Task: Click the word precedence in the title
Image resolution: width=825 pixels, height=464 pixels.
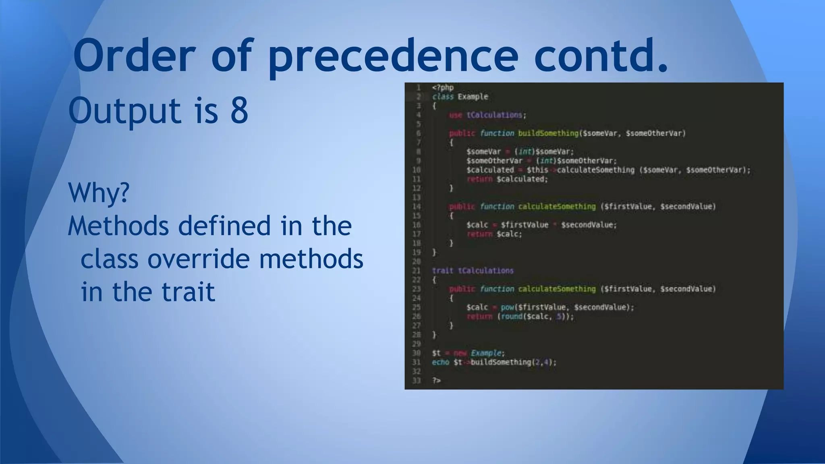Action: pos(393,56)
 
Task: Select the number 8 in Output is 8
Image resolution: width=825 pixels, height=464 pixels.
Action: pos(239,110)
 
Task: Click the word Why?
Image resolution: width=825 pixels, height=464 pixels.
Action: pos(99,193)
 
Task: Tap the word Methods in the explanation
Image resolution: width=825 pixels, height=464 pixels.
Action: pos(118,226)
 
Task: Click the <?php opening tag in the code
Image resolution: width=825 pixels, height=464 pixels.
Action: pos(443,87)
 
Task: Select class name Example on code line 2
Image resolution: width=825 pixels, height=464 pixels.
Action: pos(473,97)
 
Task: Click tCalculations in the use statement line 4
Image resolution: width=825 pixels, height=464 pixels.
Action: pos(495,115)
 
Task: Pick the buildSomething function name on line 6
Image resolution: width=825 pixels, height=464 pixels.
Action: pos(548,133)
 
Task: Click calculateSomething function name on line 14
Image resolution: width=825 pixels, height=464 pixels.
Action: pos(557,207)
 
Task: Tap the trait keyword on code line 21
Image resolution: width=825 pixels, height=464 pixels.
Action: pos(442,271)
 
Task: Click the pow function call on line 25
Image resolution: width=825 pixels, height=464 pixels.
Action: pos(507,307)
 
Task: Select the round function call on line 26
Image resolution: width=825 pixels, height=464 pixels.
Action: pos(512,317)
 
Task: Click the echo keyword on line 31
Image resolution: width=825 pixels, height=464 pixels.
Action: pos(440,362)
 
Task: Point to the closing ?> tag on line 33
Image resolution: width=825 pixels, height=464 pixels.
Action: pos(436,381)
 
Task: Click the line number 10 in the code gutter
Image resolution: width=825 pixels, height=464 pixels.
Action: pos(417,170)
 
